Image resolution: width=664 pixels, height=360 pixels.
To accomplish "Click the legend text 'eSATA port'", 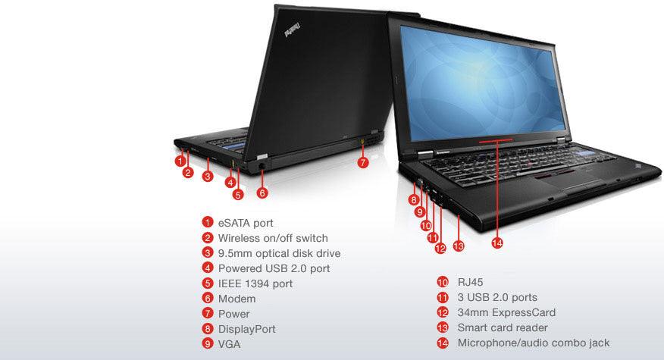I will coord(246,223).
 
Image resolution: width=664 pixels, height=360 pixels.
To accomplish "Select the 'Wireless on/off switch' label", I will coord(273,238).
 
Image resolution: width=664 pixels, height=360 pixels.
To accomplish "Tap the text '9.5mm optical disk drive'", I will coord(279,253).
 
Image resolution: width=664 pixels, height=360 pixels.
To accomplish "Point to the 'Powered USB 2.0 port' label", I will coord(274,268).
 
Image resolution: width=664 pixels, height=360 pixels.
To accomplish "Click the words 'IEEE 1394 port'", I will coord(255,283).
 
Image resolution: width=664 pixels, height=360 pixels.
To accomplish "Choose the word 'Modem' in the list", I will coord(236,299).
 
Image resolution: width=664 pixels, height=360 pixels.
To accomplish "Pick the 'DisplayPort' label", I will coord(246,329).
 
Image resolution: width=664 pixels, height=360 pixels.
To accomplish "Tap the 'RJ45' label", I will coord(470,282).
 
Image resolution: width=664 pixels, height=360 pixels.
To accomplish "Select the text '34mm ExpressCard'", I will coord(506,312).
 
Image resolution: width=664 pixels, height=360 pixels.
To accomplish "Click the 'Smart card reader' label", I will coord(503,327).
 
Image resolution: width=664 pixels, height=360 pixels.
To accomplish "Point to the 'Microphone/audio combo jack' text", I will coord(533,343).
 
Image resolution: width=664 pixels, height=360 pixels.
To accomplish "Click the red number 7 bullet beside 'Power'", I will coord(207,314).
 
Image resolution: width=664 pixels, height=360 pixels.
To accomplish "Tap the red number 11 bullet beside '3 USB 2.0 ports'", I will coord(443,297).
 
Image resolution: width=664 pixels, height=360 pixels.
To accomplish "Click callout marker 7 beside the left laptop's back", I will coord(363,162).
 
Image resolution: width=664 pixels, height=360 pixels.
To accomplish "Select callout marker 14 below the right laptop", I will coord(497,243).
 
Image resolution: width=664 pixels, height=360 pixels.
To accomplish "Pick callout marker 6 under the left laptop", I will coord(262,193).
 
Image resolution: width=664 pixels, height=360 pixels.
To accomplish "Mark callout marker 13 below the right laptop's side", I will coord(458,246).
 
